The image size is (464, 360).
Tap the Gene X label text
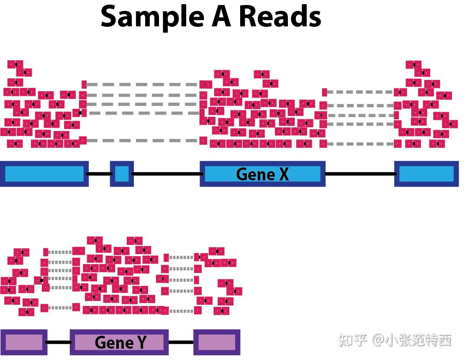click(x=262, y=174)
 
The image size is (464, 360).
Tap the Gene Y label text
click(x=120, y=342)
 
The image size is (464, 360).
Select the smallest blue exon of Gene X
click(x=122, y=174)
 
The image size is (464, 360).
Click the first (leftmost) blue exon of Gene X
click(x=44, y=174)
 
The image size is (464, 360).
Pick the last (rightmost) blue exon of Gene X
click(x=426, y=174)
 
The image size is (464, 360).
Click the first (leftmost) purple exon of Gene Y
click(x=23, y=342)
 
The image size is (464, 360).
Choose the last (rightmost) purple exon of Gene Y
click(x=217, y=342)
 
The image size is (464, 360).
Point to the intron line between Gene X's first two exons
click(x=99, y=174)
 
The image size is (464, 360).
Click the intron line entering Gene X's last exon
click(x=360, y=174)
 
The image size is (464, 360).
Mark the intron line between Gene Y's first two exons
click(x=58, y=342)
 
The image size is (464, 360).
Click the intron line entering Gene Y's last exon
click(x=181, y=342)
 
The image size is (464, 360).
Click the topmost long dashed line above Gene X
click(x=142, y=85)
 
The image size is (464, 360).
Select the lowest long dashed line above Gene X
click(x=142, y=141)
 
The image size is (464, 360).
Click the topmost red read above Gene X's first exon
click(x=15, y=64)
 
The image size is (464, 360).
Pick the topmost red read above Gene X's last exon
click(x=414, y=64)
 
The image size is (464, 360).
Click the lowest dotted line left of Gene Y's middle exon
click(x=60, y=308)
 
